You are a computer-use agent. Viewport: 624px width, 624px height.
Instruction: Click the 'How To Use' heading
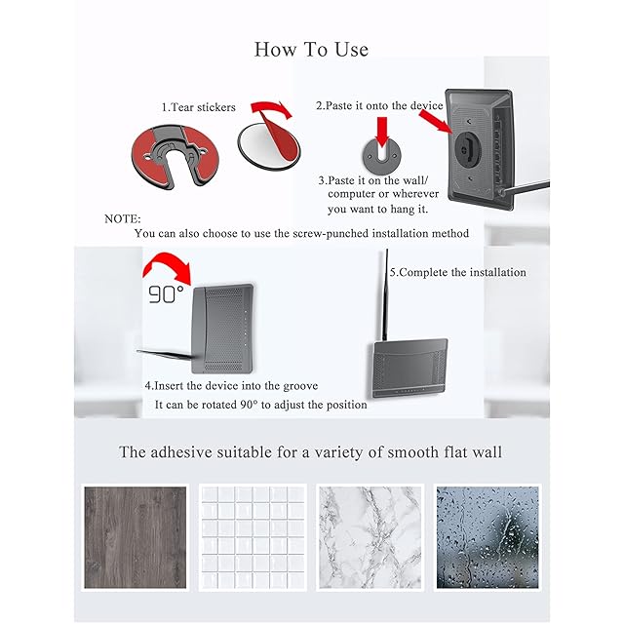pyautogui.click(x=311, y=50)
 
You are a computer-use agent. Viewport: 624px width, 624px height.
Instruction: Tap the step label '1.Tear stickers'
pyautogui.click(x=199, y=107)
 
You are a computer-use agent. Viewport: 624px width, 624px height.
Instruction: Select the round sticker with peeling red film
pyautogui.click(x=269, y=143)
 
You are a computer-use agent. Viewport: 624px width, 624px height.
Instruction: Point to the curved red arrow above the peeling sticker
pyautogui.click(x=271, y=107)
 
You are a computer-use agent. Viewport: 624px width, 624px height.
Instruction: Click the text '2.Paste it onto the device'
pyautogui.click(x=379, y=106)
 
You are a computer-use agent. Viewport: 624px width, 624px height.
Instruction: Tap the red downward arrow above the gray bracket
pyautogui.click(x=382, y=132)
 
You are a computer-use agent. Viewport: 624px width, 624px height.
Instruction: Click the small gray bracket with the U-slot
pyautogui.click(x=381, y=156)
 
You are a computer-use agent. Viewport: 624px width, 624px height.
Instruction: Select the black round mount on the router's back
pyautogui.click(x=468, y=150)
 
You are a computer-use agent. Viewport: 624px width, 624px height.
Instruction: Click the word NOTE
pyautogui.click(x=123, y=219)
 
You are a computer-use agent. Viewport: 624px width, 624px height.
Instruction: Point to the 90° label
pyautogui.click(x=167, y=294)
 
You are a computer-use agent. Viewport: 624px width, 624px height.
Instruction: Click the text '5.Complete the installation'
pyautogui.click(x=457, y=273)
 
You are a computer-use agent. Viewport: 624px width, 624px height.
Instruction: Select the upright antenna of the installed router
pyautogui.click(x=385, y=294)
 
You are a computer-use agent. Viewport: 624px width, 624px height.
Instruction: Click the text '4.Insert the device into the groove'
pyautogui.click(x=231, y=386)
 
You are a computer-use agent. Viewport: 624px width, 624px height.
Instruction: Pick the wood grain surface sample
pyautogui.click(x=136, y=537)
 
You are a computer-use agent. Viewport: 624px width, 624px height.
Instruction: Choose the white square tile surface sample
pyautogui.click(x=253, y=537)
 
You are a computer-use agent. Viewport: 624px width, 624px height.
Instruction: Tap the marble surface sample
pyautogui.click(x=370, y=537)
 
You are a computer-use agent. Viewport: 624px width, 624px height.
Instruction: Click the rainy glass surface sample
pyautogui.click(x=487, y=537)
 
